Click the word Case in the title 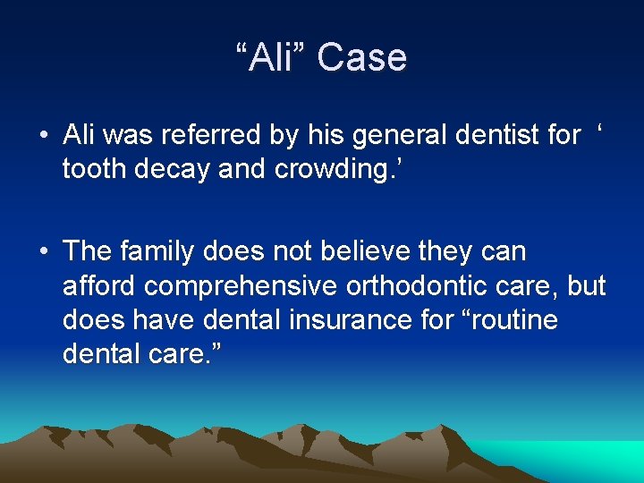tap(361, 58)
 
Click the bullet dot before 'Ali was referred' tap(43, 137)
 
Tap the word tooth tap(93, 168)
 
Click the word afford tap(99, 286)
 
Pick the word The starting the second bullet tap(89, 253)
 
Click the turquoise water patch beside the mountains tap(590, 456)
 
